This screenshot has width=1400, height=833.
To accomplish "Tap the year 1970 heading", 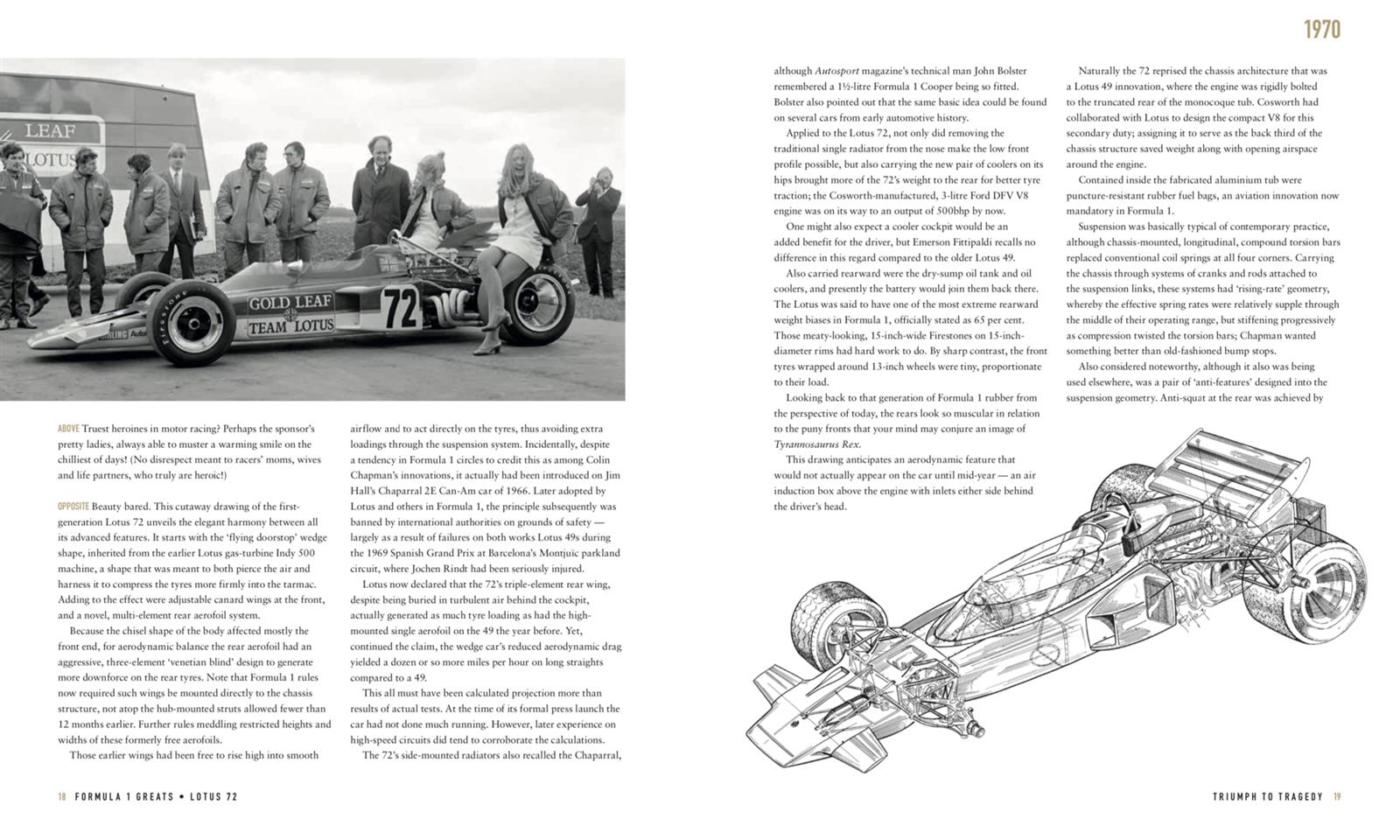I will click(x=1321, y=30).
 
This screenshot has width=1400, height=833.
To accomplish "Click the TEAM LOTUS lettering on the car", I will click(x=290, y=326).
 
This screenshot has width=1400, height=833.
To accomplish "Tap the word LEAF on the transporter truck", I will click(x=50, y=131).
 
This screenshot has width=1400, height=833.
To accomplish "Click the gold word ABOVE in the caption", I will click(x=68, y=429).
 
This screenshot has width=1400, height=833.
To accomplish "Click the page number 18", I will click(x=62, y=797).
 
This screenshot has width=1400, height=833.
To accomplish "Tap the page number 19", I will click(x=1337, y=797).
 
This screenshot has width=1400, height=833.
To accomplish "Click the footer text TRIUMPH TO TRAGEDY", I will click(x=1268, y=797).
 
